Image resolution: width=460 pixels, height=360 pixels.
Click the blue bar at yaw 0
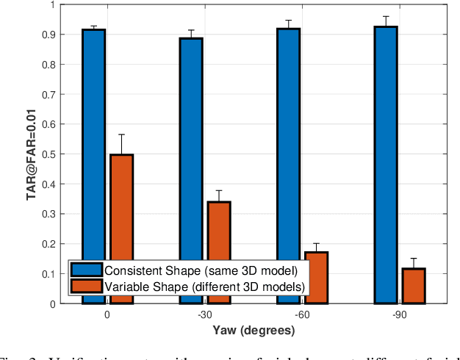coord(93,147)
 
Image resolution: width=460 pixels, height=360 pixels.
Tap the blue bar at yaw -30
coord(191,147)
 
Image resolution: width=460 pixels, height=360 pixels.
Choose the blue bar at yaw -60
coord(288,147)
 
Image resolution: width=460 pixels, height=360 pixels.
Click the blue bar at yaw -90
coord(386,147)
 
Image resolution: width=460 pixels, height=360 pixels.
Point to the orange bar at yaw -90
coord(414,286)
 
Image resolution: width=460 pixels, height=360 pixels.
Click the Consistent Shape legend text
coord(200,270)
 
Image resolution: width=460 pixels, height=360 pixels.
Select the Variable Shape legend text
coord(204,286)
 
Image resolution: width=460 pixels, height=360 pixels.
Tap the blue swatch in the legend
coord(87,270)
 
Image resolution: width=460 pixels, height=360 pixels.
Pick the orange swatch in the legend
coord(87,286)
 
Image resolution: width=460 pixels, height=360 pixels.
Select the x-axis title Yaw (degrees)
coord(254,331)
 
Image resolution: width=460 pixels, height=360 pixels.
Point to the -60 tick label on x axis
coord(302,314)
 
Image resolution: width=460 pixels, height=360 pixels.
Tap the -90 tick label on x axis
coord(400,314)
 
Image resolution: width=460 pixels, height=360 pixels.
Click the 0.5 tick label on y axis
coord(48,154)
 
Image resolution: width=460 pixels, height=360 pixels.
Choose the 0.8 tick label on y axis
coord(48,65)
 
